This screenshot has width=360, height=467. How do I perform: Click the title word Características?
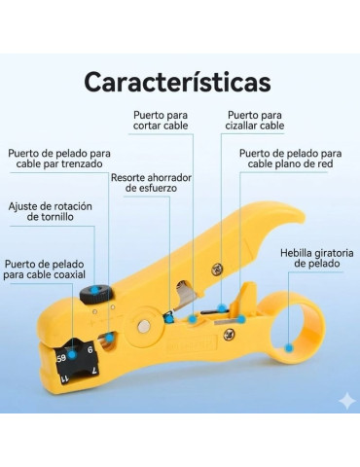pyautogui.click(x=177, y=82)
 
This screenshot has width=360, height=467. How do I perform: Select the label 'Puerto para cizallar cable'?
pyautogui.click(x=256, y=121)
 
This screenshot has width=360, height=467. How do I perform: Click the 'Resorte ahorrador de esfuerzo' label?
pyautogui.click(x=151, y=183)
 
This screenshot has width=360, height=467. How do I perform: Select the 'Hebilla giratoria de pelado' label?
pyautogui.click(x=311, y=257)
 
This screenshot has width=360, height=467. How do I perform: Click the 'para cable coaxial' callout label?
pyautogui.click(x=44, y=269)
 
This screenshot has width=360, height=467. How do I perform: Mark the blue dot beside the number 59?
pyautogui.click(x=73, y=356)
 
